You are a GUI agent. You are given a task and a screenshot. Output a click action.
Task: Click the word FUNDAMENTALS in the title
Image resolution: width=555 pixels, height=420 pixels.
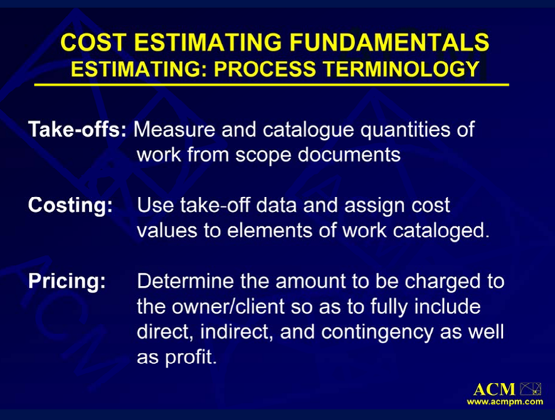[389, 42]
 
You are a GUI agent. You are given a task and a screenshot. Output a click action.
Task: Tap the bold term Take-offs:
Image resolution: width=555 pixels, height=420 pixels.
[77, 129]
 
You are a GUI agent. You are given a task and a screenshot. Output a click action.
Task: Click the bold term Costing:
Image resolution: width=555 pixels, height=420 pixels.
[70, 206]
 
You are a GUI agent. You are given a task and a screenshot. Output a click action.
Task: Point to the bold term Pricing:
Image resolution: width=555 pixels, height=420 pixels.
[67, 281]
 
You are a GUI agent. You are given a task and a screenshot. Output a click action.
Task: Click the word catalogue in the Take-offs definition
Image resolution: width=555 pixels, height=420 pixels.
[308, 130]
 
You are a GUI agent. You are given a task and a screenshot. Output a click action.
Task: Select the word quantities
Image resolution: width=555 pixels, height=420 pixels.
[405, 130]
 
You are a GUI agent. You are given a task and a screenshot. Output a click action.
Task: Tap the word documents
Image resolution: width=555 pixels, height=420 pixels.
[349, 154]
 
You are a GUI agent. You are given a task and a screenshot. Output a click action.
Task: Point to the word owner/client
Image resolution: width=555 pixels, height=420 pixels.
[228, 306]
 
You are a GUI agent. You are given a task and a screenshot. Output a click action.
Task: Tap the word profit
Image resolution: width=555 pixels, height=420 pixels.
[191, 357]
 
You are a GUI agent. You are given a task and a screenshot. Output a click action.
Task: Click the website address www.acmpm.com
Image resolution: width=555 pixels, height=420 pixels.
[504, 402]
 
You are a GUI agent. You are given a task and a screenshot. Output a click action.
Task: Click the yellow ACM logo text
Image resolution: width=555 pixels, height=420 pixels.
[494, 389]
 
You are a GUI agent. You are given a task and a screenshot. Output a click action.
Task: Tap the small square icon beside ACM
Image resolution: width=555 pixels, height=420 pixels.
[530, 389]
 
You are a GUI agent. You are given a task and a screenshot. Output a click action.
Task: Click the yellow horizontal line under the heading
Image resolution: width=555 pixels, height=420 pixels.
[272, 85]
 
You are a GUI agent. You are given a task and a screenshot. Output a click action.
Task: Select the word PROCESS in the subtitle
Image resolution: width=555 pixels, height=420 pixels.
[265, 69]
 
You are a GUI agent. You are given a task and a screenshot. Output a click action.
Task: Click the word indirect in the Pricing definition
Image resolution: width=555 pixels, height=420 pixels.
[236, 332]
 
